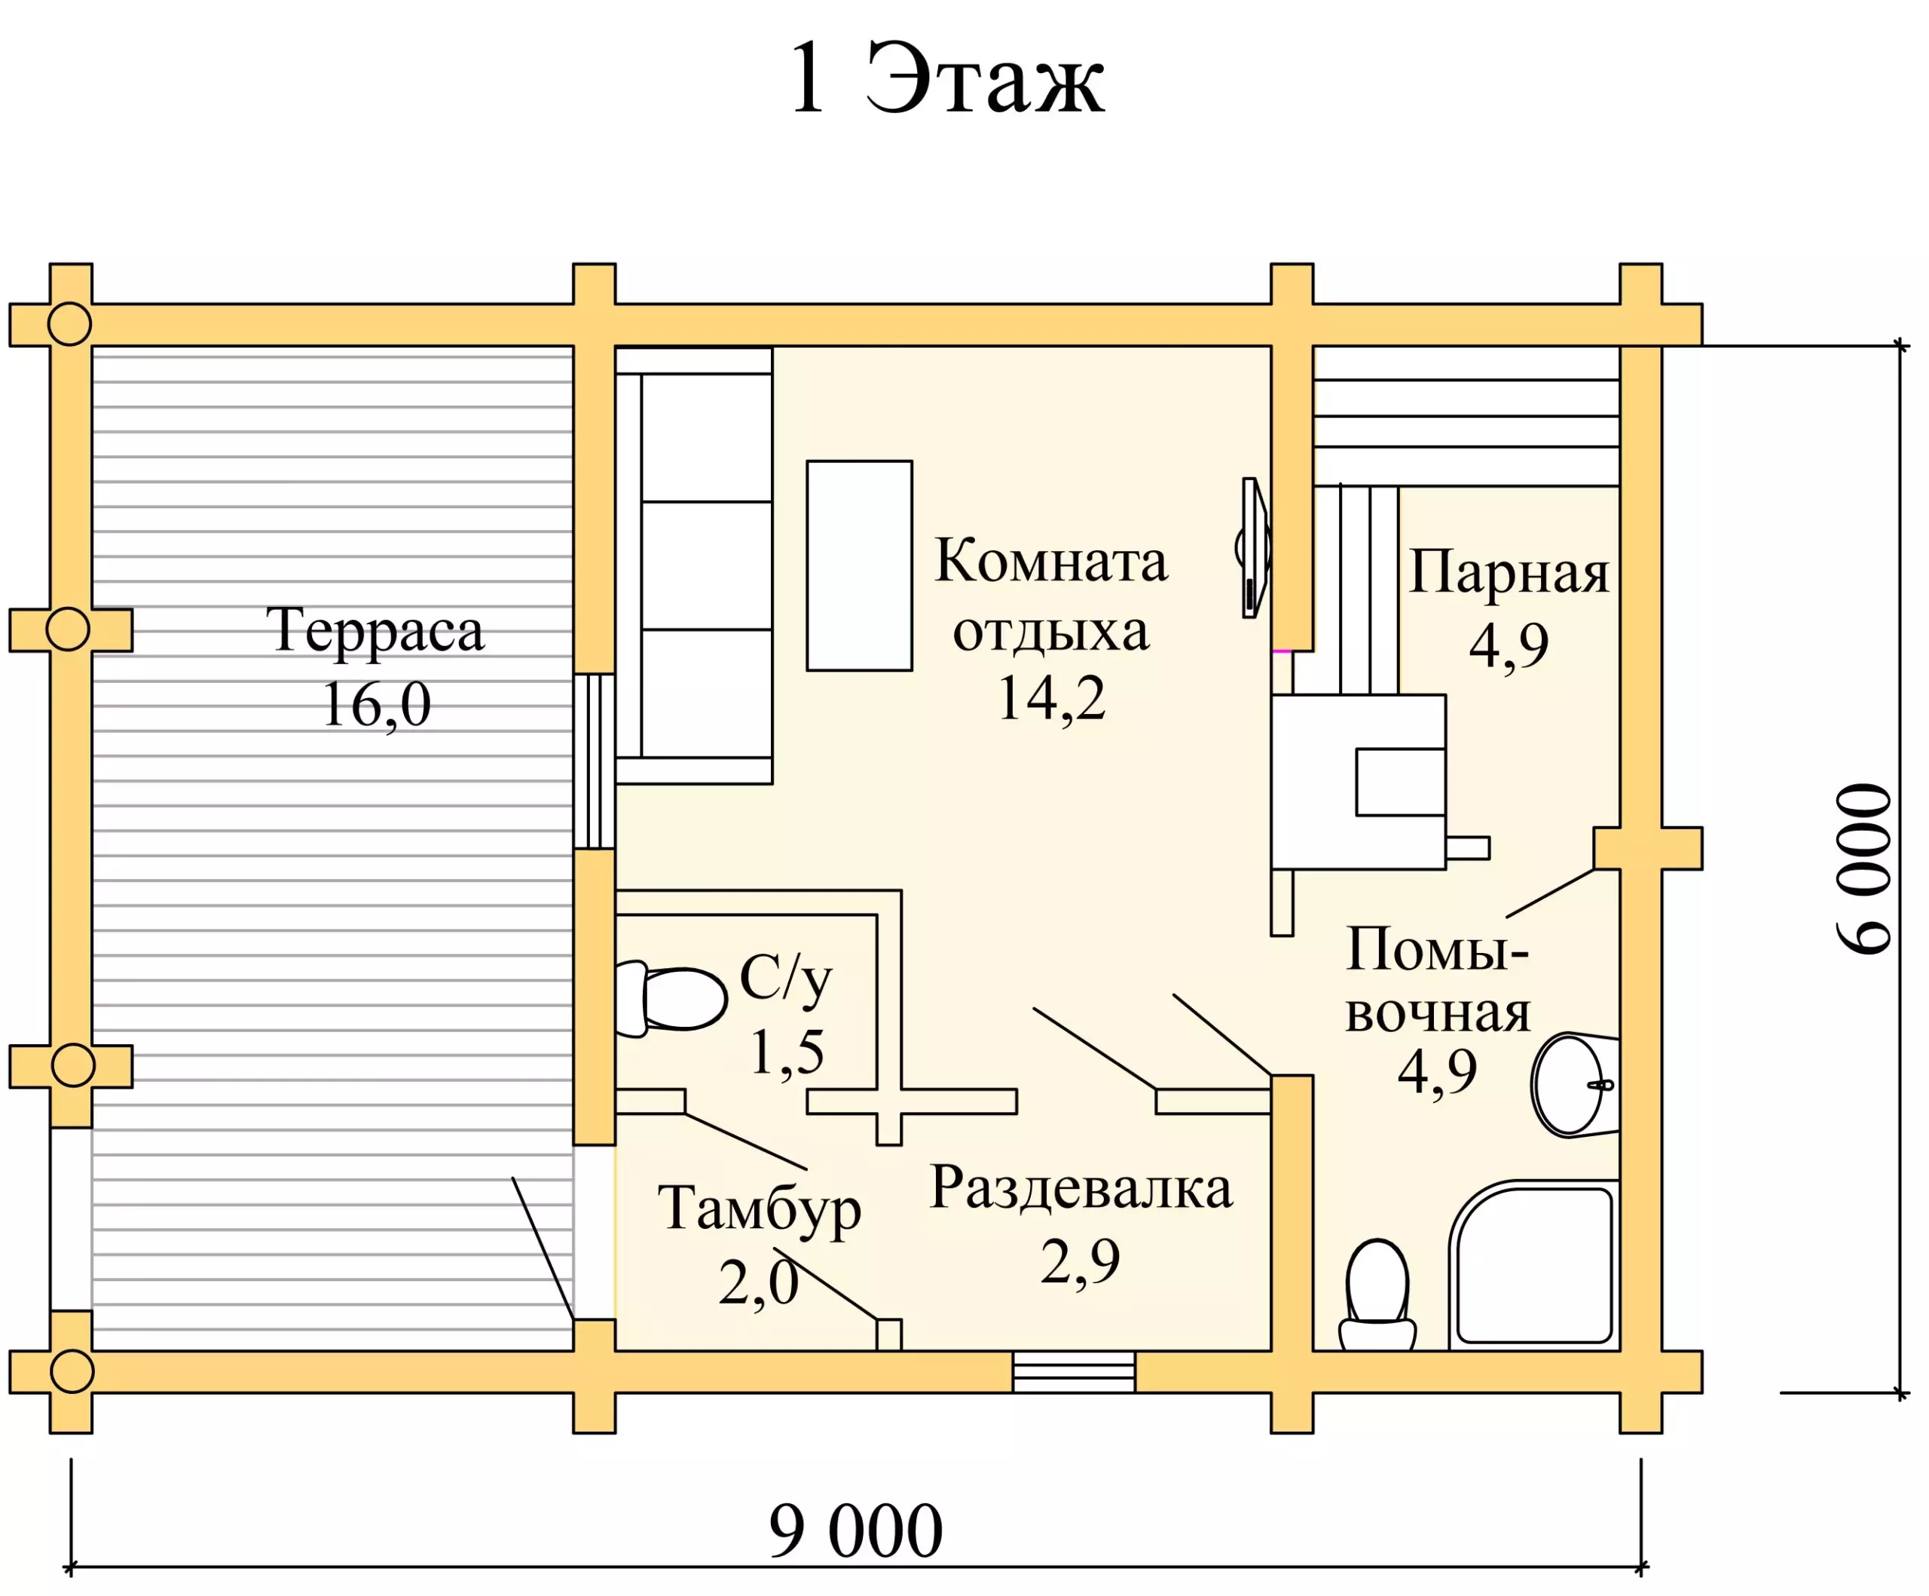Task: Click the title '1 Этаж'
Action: [947, 79]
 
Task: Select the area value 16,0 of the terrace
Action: [377, 706]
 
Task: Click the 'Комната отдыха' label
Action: [1051, 596]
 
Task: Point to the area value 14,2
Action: [1052, 698]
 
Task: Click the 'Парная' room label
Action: [1509, 574]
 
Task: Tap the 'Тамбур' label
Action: [760, 1209]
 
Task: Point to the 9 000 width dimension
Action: [856, 1530]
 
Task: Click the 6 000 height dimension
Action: [1865, 869]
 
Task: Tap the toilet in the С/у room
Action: [671, 999]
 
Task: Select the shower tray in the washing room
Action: [1534, 1265]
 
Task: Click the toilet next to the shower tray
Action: [1377, 1295]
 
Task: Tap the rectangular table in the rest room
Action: [860, 566]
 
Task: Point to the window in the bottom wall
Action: [1074, 1372]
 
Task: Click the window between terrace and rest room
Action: [595, 761]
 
